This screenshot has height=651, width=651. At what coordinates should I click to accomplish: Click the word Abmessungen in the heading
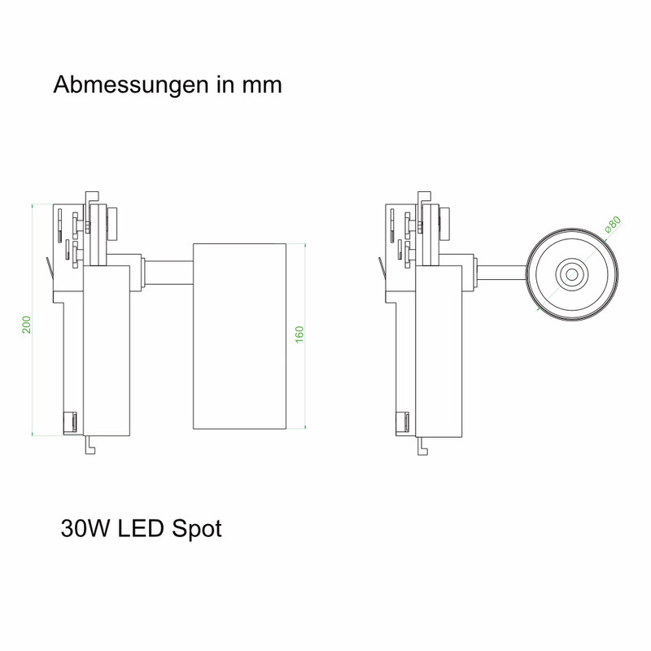pyautogui.click(x=131, y=85)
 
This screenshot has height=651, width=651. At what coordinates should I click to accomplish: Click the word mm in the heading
pyautogui.click(x=262, y=85)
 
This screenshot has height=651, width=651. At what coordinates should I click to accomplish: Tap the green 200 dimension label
pyautogui.click(x=27, y=324)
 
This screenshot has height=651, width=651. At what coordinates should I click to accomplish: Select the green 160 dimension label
pyautogui.click(x=299, y=334)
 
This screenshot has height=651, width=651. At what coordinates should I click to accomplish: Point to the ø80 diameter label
pyautogui.click(x=613, y=225)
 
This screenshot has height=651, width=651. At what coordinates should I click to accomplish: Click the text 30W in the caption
pyautogui.click(x=86, y=528)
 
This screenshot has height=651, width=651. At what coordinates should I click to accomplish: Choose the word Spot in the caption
pyautogui.click(x=197, y=530)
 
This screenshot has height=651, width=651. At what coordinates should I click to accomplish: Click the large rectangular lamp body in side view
pyautogui.click(x=239, y=336)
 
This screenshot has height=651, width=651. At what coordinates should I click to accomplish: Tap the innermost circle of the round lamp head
pyautogui.click(x=572, y=274)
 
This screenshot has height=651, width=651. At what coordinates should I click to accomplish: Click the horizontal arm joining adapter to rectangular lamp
pyautogui.click(x=168, y=273)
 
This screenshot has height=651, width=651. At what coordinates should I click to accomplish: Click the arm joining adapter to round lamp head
pyautogui.click(x=501, y=273)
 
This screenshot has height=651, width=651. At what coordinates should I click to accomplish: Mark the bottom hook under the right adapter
pyautogui.click(x=422, y=445)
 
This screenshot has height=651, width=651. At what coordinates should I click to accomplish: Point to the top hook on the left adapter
pyautogui.click(x=91, y=198)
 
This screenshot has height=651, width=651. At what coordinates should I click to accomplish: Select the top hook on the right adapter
pyautogui.click(x=424, y=198)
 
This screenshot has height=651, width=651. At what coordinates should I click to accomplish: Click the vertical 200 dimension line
pyautogui.click(x=33, y=320)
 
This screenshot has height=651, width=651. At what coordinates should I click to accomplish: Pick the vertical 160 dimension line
pyautogui.click(x=305, y=336)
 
